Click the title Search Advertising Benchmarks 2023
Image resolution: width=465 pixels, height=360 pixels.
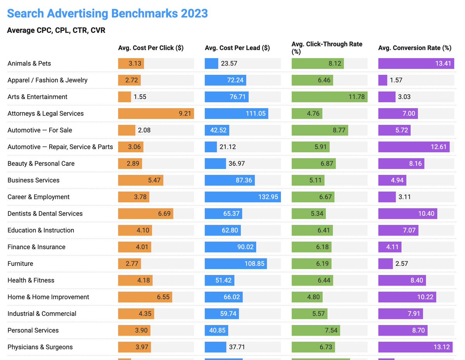click(107, 13)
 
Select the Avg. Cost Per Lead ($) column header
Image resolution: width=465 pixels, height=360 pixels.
click(237, 48)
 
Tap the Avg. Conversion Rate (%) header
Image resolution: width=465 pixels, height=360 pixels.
click(415, 48)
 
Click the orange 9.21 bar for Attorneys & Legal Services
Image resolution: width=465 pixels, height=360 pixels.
click(156, 114)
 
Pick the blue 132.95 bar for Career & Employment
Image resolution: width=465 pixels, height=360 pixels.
click(243, 197)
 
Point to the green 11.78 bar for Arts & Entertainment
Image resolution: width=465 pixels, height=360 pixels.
click(329, 97)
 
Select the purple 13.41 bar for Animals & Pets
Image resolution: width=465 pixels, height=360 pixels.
click(416, 64)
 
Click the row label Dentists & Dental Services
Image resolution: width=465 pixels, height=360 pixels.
click(45, 214)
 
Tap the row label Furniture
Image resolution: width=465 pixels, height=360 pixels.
click(20, 264)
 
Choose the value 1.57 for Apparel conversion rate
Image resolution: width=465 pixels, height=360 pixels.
click(396, 80)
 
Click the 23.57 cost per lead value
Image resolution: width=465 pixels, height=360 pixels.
click(229, 64)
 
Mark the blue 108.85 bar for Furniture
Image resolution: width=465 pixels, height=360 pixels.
click(236, 264)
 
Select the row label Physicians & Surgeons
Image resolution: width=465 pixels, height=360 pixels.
click(40, 347)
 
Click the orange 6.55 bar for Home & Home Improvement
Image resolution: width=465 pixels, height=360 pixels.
click(145, 297)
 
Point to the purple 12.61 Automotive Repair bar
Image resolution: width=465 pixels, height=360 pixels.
click(413, 147)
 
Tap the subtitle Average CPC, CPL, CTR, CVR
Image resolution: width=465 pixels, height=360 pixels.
click(56, 30)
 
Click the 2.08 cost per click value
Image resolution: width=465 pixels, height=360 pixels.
click(144, 130)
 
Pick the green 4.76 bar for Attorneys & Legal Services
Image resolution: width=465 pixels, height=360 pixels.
click(307, 114)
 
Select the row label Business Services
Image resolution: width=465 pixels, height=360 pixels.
click(33, 180)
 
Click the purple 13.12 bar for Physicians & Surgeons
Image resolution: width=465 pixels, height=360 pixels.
click(415, 347)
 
